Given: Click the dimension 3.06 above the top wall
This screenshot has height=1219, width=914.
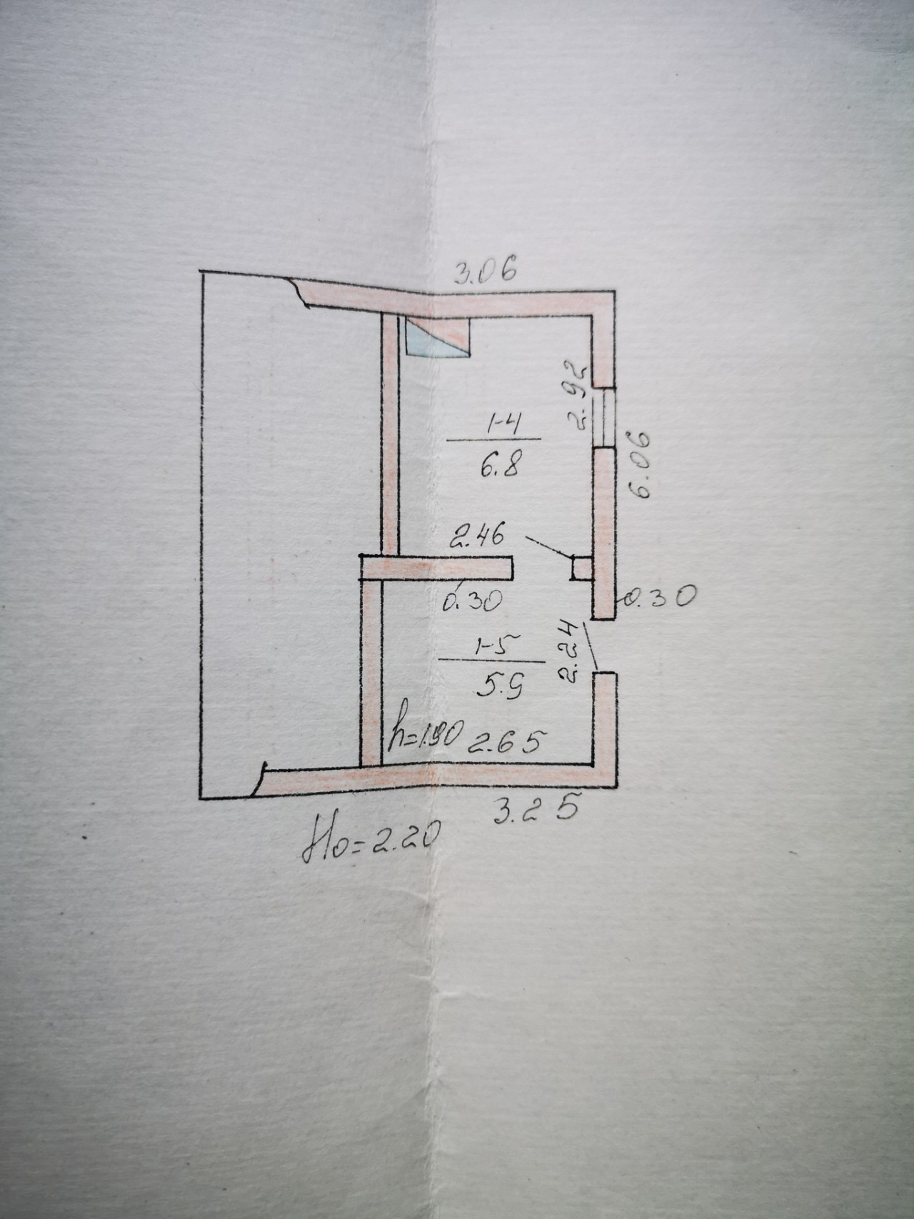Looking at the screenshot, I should [486, 271].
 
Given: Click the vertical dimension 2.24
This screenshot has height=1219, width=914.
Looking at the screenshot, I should [568, 652].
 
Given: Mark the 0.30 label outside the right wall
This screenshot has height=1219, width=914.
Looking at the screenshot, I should [658, 597].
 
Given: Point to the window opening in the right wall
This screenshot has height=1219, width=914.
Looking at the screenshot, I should [604, 417].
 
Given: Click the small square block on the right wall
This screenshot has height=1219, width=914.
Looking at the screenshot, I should [581, 568].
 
